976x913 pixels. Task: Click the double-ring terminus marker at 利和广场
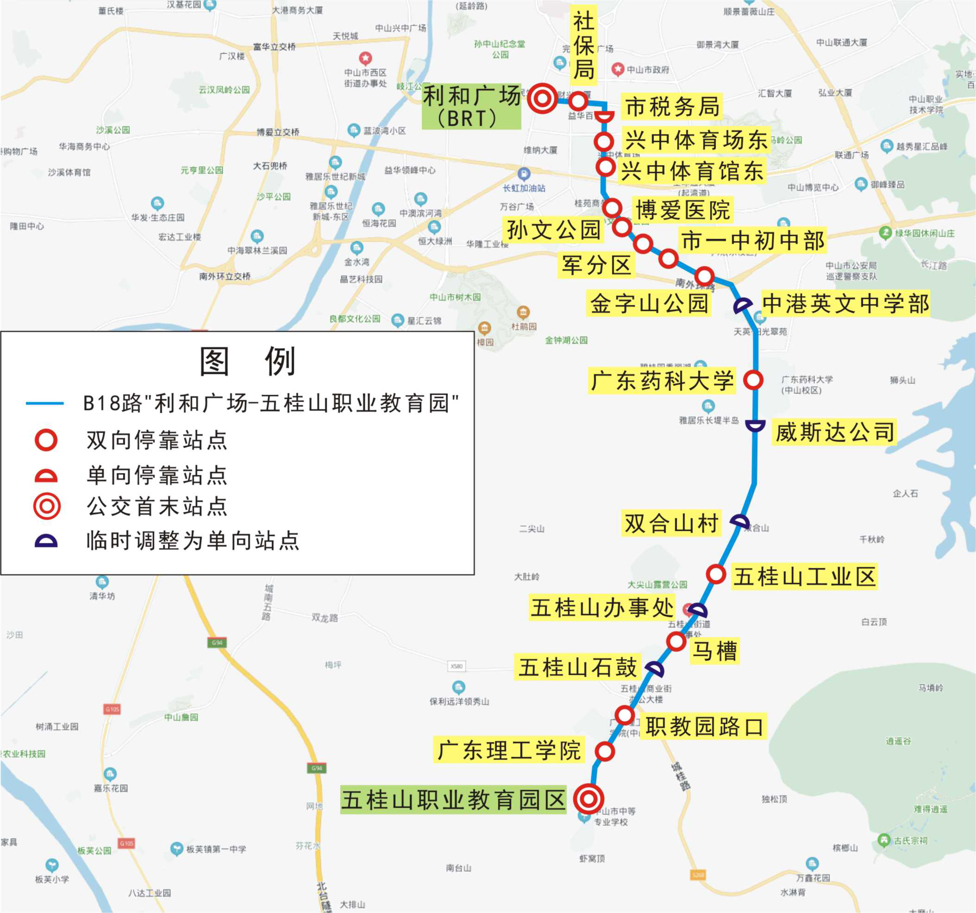[543, 99]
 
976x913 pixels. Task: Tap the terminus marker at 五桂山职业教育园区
[588, 799]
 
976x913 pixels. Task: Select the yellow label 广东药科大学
[662, 381]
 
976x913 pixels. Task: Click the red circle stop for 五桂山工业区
[716, 574]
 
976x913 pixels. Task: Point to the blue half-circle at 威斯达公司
[755, 425]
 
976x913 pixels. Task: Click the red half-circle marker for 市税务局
[604, 116]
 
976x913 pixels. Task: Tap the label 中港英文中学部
[845, 303]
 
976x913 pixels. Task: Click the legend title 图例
[247, 362]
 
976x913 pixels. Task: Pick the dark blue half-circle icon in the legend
[46, 541]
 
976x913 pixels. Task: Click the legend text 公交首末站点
[157, 507]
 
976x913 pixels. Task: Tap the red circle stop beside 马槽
[676, 641]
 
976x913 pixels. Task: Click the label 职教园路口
[705, 727]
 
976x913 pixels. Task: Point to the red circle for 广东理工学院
[605, 751]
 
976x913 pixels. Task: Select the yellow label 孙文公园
[554, 230]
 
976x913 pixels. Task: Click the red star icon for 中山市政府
[618, 69]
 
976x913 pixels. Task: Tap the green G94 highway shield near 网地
[317, 768]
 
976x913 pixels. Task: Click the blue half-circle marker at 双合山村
[740, 522]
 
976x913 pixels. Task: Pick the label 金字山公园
[649, 303]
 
